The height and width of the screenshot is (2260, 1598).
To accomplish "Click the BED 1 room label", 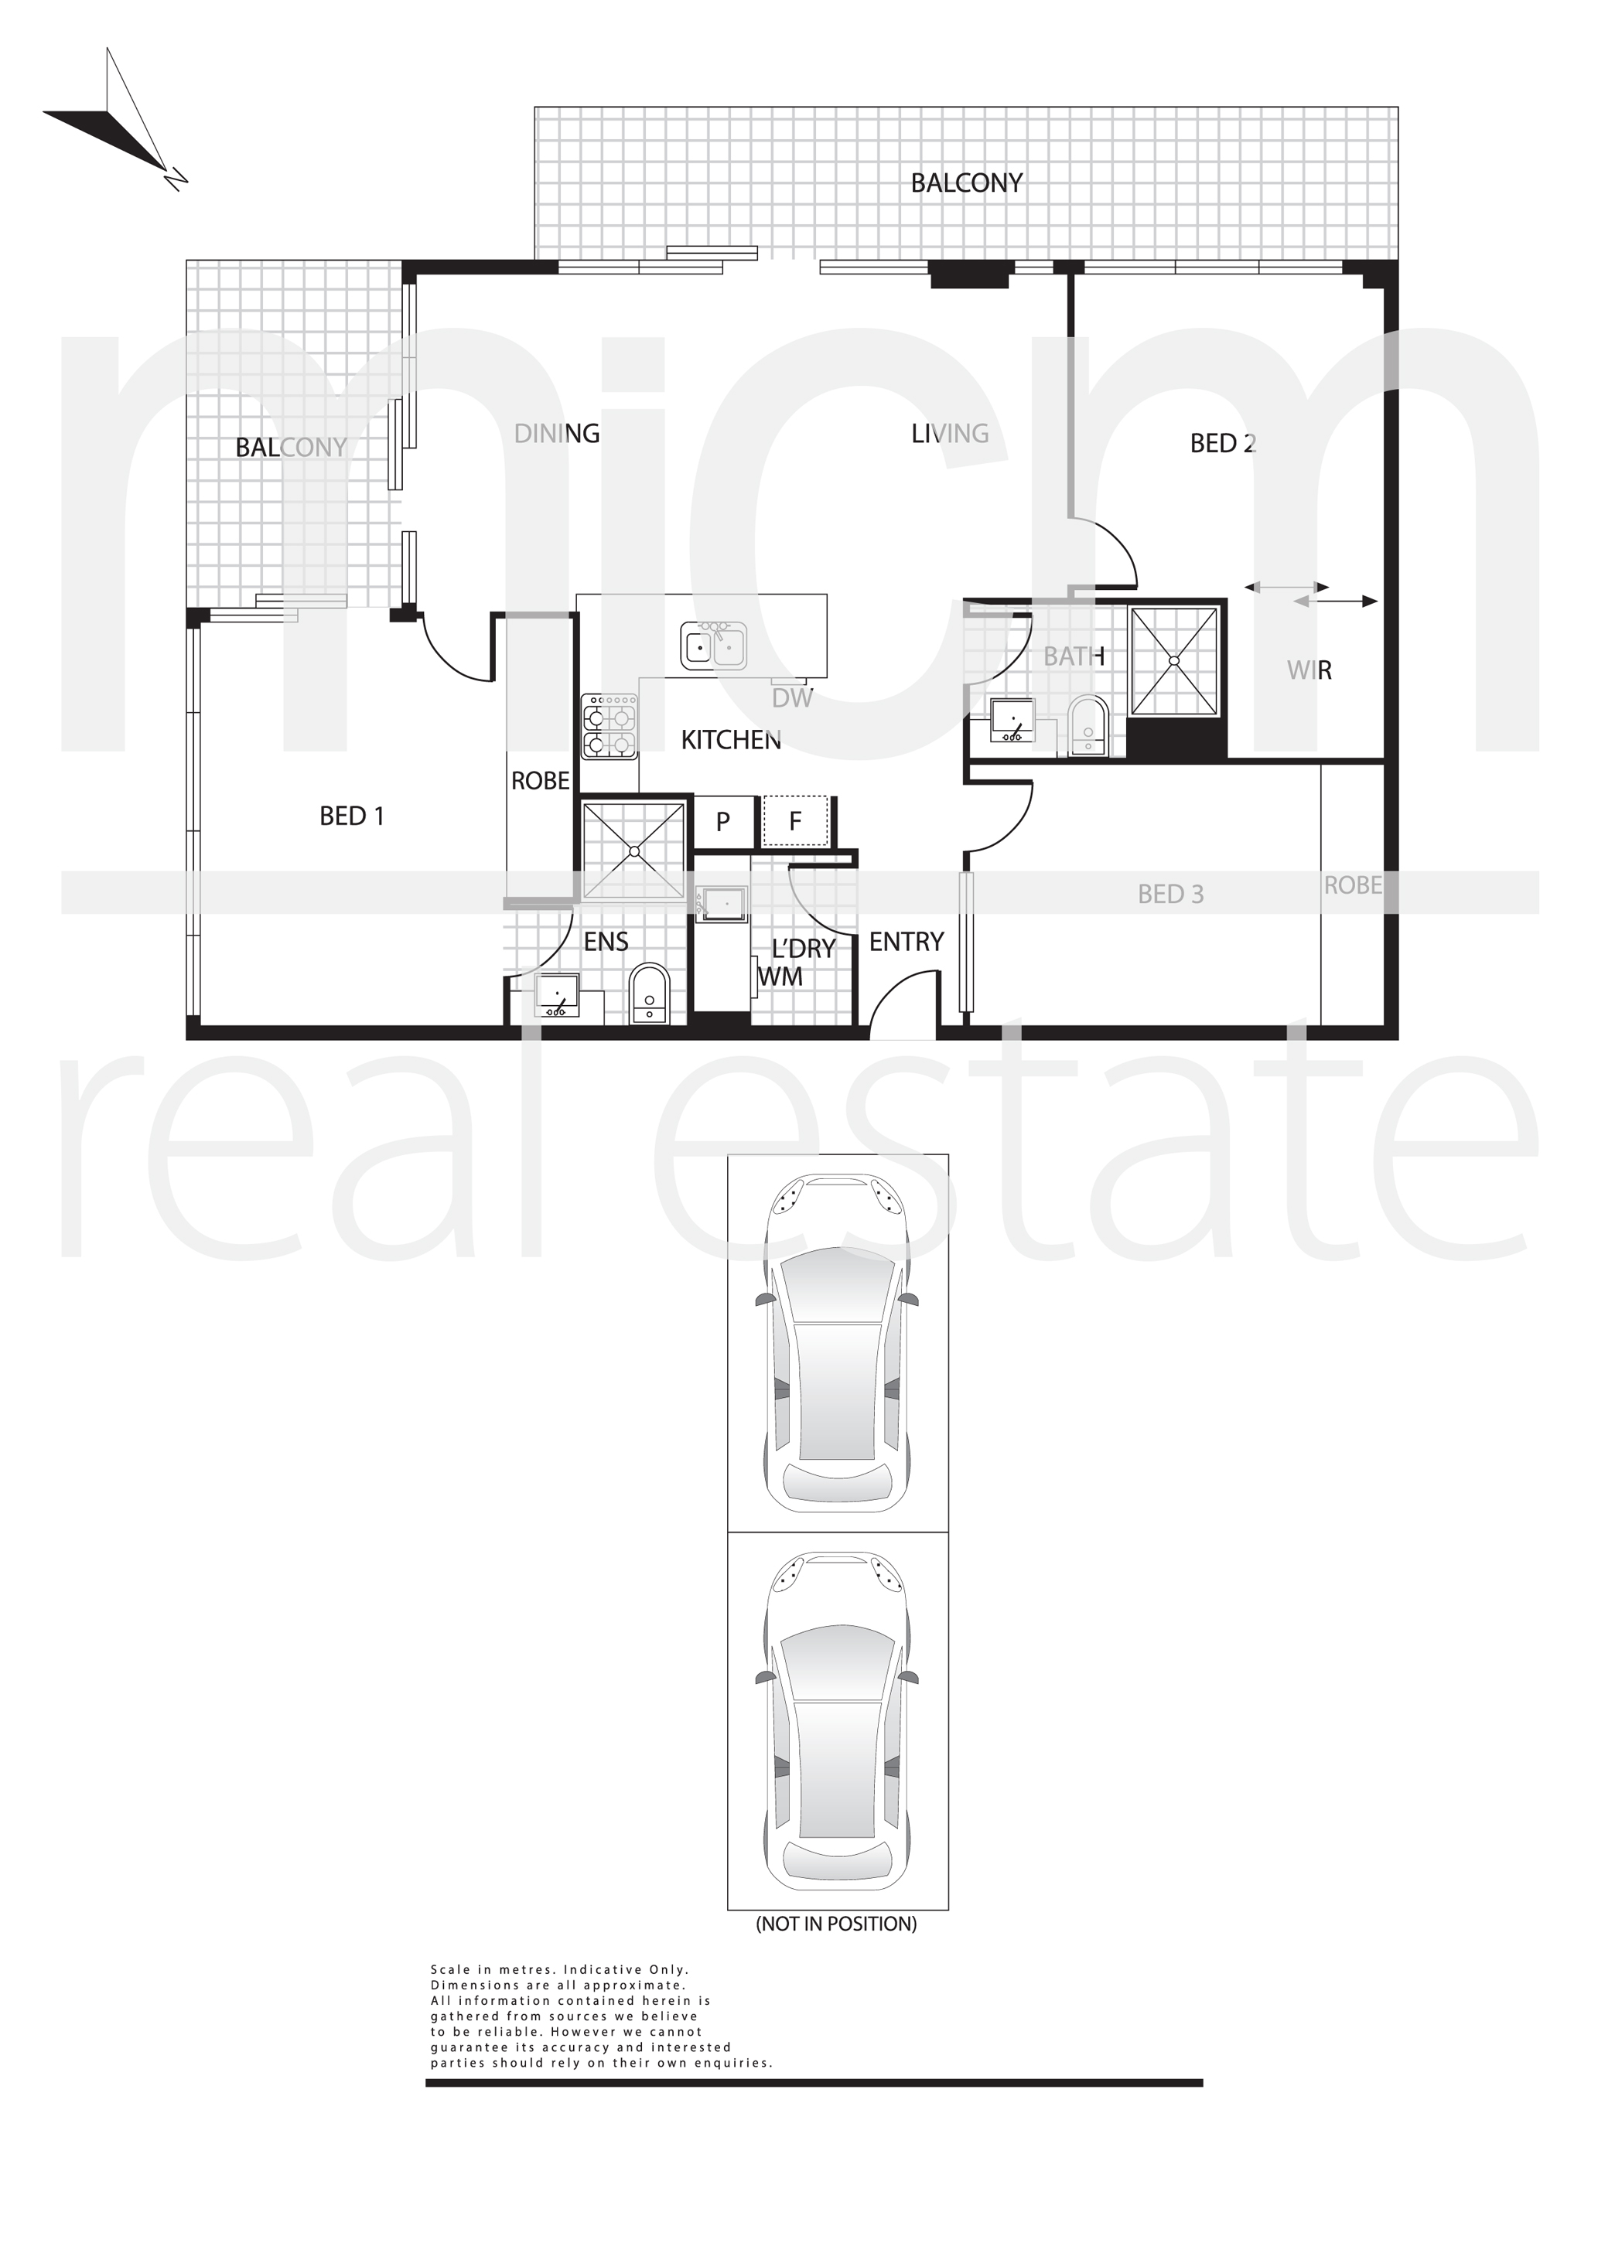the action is [351, 816].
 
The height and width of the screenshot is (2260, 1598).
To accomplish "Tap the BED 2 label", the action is [1223, 443].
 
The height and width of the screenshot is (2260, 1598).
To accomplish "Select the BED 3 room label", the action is [1171, 894].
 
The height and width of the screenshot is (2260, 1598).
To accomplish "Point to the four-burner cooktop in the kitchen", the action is [610, 727].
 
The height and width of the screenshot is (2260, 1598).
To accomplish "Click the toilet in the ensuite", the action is [648, 994].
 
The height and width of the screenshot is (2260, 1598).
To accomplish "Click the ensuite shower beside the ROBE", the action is [634, 850].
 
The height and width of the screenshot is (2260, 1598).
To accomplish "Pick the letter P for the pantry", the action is [722, 822].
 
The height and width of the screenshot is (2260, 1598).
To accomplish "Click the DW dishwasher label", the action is [793, 698].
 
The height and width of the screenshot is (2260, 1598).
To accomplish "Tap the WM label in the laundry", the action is [780, 977].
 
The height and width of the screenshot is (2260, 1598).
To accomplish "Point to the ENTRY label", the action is [907, 942].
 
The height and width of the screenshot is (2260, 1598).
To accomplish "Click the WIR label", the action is [1309, 670].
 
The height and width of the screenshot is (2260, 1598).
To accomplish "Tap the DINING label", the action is [557, 433].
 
